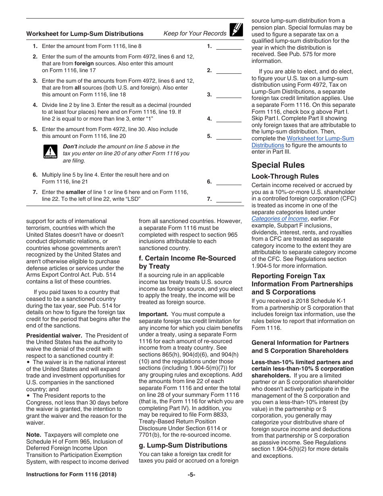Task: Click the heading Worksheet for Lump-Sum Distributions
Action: [x=85, y=34]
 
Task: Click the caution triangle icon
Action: [x=50, y=152]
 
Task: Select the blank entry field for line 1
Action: [x=229, y=46]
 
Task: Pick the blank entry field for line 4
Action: [x=229, y=119]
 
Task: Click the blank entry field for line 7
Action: [x=229, y=199]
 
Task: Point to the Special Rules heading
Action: [x=278, y=165]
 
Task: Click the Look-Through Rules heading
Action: [x=285, y=177]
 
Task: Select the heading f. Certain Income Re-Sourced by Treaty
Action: [x=187, y=262]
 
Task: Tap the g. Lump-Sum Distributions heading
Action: [x=183, y=445]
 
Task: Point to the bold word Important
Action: [x=153, y=314]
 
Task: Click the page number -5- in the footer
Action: [x=191, y=475]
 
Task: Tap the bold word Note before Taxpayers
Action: [x=33, y=435]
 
